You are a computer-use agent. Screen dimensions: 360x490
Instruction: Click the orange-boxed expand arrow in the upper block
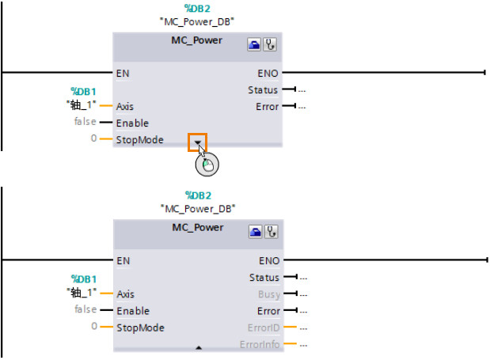(197, 142)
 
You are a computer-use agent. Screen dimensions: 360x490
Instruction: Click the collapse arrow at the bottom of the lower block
(199, 347)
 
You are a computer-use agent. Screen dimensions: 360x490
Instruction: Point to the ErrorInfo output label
(260, 344)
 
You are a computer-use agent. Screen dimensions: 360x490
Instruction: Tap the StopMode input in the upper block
(139, 140)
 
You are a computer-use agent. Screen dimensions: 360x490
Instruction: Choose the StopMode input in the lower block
(139, 327)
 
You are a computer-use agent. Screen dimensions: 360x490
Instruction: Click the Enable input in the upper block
(132, 123)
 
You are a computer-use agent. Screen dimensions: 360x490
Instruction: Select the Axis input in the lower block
(125, 294)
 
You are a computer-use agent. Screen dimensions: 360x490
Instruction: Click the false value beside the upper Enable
(85, 123)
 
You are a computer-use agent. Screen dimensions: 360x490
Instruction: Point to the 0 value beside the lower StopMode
(93, 326)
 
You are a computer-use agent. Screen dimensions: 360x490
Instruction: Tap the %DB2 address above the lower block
(198, 195)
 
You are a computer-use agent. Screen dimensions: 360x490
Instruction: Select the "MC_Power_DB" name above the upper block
(198, 20)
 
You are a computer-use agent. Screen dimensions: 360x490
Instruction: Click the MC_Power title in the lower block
(198, 228)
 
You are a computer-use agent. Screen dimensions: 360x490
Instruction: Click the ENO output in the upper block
(268, 73)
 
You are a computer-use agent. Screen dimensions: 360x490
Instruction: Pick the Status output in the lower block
(264, 277)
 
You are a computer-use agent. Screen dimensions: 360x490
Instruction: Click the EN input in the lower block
(123, 260)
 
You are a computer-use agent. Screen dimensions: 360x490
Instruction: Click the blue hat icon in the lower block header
(256, 233)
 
